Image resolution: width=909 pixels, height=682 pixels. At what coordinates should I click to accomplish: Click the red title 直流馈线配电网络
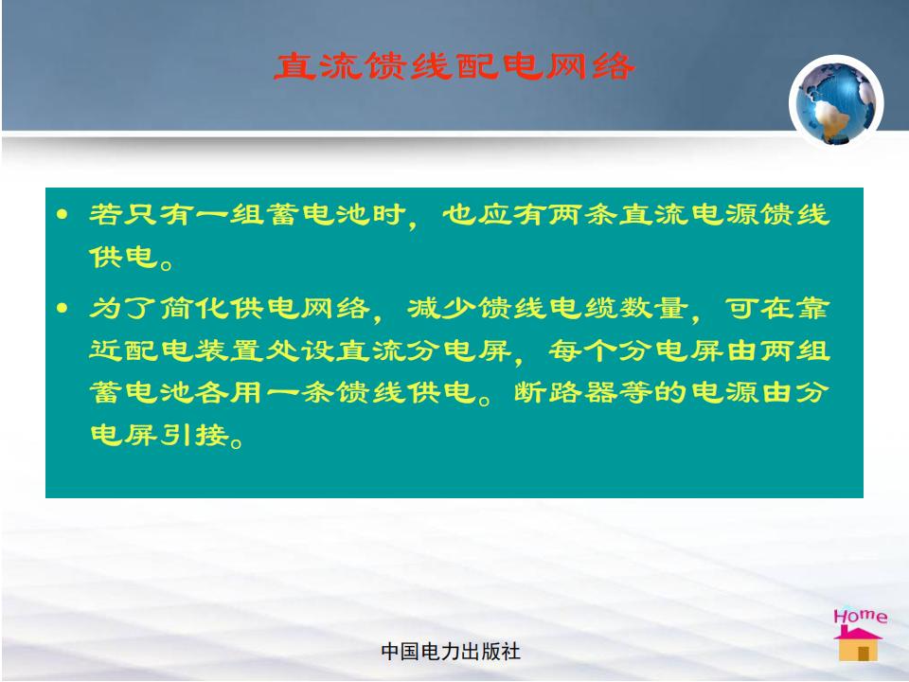pos(454,66)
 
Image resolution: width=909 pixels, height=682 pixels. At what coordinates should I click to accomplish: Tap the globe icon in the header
pos(836,101)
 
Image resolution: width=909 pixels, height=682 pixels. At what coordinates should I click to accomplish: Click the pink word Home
pos(861,616)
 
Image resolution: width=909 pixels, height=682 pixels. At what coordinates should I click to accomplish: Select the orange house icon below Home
pos(858,644)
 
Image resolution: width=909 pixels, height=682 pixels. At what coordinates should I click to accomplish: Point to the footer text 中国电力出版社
pos(451,652)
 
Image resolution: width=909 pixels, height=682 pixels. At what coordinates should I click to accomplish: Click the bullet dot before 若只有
pos(62,215)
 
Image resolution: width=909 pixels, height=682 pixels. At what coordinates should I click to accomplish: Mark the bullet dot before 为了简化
pos(62,308)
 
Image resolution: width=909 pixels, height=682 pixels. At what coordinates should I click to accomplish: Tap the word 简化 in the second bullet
pos(194,308)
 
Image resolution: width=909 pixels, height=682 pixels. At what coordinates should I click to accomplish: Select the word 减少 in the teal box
pos(442,308)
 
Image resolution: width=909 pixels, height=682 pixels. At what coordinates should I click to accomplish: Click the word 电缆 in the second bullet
pos(583,308)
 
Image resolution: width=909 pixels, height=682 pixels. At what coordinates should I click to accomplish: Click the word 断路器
pos(566,392)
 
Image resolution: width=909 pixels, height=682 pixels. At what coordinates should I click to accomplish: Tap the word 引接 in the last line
pos(194,435)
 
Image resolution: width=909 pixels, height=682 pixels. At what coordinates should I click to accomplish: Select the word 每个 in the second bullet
pos(583,350)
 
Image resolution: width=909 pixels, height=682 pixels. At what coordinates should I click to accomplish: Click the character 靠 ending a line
pos(812,308)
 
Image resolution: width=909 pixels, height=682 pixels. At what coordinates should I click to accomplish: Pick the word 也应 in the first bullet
pos(476,215)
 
